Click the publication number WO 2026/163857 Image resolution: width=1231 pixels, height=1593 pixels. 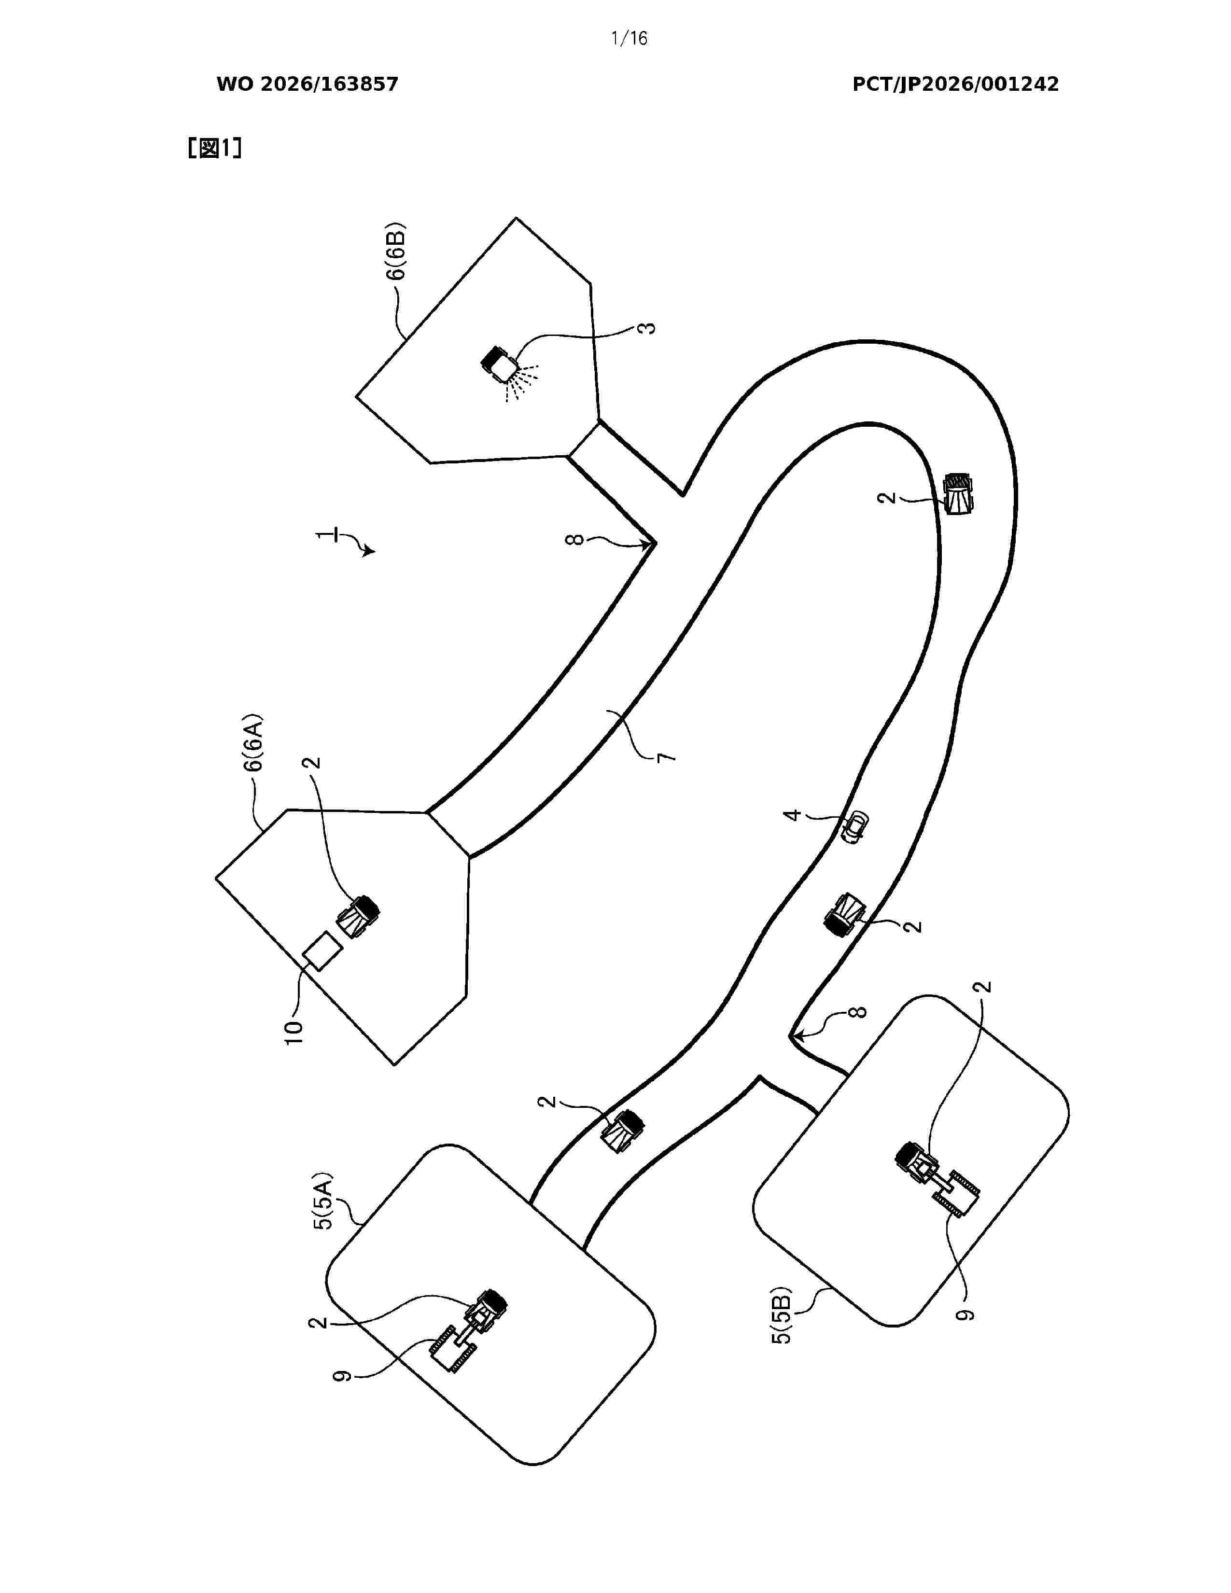307,84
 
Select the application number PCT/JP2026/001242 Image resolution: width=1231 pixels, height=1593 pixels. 955,84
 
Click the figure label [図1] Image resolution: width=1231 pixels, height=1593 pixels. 214,148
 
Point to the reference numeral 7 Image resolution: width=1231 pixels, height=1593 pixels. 666,757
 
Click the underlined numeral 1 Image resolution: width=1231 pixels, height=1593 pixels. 324,536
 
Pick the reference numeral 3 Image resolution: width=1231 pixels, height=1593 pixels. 646,327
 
